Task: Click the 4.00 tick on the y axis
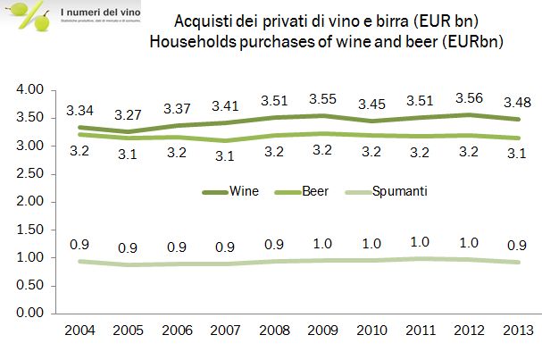(x=30, y=90)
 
